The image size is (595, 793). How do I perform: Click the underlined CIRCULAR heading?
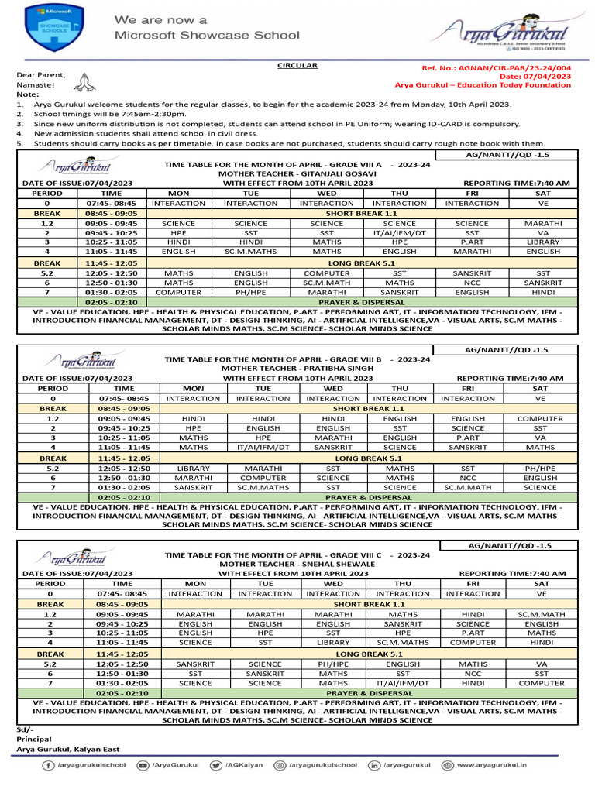coord(297,66)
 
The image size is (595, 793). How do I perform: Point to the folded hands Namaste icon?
coord(88,78)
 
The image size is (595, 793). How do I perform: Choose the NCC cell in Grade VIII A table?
coord(472,283)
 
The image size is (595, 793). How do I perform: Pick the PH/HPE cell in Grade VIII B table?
coord(540,468)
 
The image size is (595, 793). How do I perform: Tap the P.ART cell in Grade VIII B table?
coord(468,437)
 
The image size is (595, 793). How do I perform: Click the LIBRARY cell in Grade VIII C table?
coord(333,642)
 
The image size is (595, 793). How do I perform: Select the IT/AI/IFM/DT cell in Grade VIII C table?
coord(402,683)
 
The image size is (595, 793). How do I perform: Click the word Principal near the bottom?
coord(33,739)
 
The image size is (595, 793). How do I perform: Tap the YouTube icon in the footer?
coord(143,765)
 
